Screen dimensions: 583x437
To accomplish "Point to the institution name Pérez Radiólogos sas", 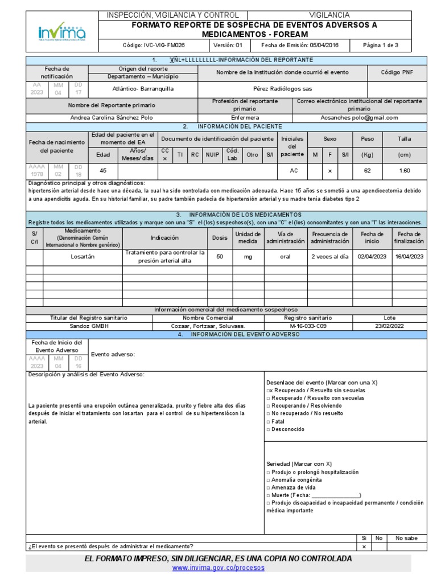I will (x=282, y=89).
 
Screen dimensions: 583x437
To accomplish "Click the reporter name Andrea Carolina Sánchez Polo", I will (x=111, y=118).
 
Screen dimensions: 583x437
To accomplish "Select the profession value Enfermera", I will (x=245, y=118).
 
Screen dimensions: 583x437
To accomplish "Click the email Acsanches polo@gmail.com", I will (x=359, y=118).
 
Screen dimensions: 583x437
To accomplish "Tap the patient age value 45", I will (x=103, y=170).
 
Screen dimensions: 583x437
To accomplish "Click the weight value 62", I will (x=367, y=170).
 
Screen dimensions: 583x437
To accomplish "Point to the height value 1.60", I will (x=405, y=170).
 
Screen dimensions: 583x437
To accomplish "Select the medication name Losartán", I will (x=83, y=257).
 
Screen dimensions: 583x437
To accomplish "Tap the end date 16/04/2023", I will (x=410, y=257).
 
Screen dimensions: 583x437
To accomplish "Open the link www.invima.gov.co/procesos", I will (x=218, y=568).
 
